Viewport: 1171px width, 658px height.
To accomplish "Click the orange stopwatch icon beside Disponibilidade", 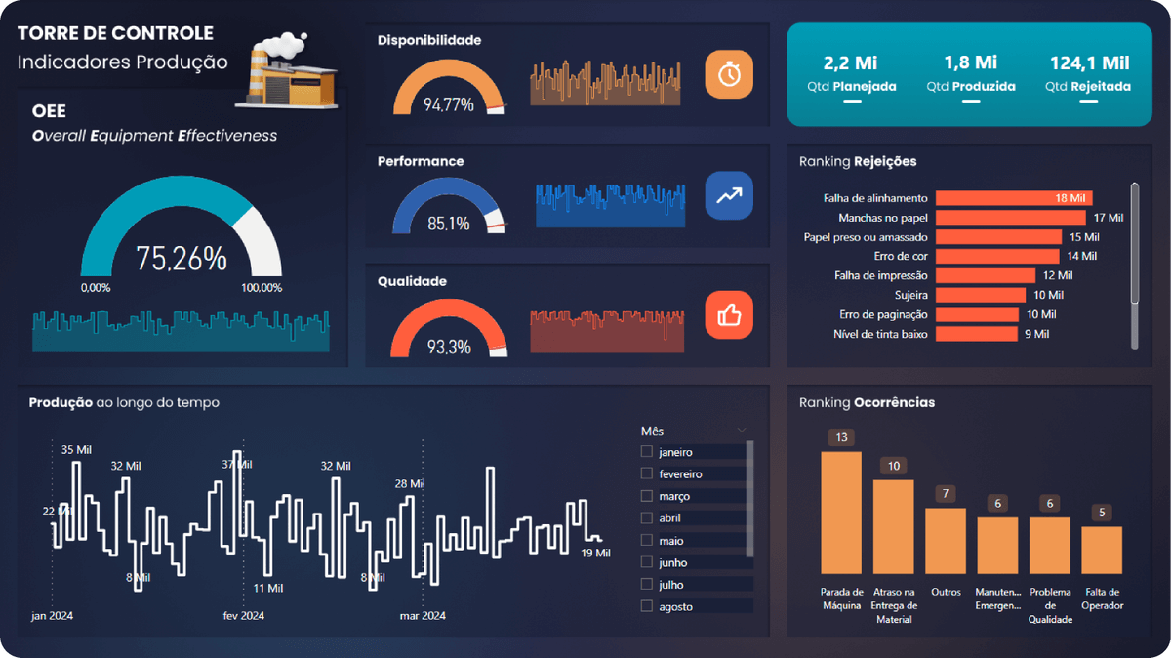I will point(729,75).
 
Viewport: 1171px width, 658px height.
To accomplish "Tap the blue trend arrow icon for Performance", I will point(729,195).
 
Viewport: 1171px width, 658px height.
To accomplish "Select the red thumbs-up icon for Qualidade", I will point(729,314).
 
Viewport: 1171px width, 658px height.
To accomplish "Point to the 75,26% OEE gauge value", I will point(182,259).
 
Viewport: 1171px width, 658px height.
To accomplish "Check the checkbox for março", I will point(646,496).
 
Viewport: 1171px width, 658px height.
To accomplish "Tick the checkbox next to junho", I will point(646,562).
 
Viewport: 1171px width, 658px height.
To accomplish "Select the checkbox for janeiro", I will point(646,452).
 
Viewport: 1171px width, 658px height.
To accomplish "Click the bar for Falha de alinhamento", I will point(1013,198).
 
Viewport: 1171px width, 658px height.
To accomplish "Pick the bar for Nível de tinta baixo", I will point(976,334).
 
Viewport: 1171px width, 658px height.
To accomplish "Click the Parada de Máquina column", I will point(840,512).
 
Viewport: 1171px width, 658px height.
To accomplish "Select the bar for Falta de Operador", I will point(1102,549).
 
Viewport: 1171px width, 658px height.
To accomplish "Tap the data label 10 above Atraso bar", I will point(893,466).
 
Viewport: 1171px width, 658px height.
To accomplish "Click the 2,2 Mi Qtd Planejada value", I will point(851,63).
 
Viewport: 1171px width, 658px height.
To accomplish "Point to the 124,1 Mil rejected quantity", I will point(1089,63).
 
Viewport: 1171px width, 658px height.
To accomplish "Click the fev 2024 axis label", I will point(243,616).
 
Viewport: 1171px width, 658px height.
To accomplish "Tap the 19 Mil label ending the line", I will point(595,554).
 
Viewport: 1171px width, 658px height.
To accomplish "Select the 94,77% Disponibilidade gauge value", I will point(449,104).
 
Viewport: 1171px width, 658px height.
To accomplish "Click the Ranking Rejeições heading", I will point(858,161).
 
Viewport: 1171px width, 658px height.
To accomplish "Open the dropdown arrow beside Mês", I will point(741,431).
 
